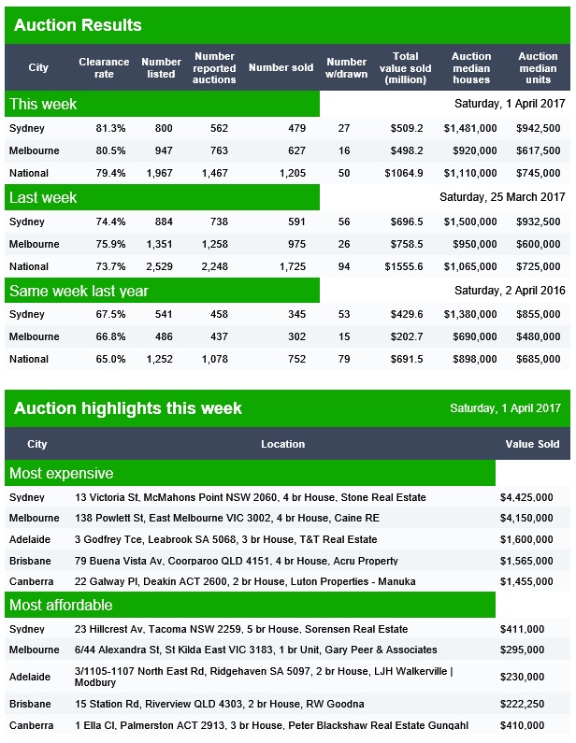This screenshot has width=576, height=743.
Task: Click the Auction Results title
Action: click(78, 25)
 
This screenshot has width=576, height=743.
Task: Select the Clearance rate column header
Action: click(104, 68)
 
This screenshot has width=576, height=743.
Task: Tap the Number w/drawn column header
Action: click(347, 68)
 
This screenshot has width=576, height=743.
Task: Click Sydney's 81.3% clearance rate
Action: click(110, 128)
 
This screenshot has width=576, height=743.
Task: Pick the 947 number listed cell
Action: click(164, 150)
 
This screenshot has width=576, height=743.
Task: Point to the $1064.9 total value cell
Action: click(404, 173)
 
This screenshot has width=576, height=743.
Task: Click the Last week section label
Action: click(43, 197)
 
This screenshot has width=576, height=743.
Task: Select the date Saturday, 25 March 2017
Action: click(502, 196)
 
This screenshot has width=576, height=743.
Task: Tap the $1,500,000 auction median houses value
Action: click(470, 221)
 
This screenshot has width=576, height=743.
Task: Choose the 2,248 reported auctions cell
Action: click(215, 266)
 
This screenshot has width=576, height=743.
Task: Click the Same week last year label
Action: click(79, 291)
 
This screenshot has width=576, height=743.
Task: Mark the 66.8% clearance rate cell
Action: click(110, 336)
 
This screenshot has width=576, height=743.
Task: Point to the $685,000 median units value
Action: click(538, 359)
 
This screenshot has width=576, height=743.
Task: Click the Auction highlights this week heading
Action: click(128, 408)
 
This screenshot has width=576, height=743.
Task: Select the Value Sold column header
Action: click(532, 444)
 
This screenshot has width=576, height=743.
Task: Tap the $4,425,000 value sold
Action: click(526, 497)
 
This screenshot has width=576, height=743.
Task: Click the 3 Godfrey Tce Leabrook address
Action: click(225, 539)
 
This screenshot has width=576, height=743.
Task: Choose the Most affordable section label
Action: click(61, 605)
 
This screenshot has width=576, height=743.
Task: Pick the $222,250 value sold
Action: click(522, 704)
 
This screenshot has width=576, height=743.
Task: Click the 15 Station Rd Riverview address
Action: click(219, 704)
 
